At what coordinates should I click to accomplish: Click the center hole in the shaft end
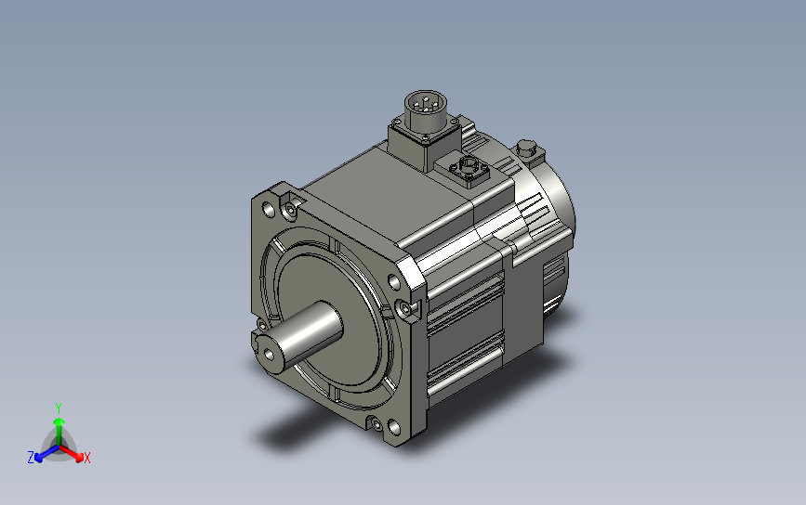click(x=269, y=354)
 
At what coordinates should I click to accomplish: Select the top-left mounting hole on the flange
click(x=269, y=210)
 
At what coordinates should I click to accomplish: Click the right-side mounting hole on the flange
click(x=394, y=282)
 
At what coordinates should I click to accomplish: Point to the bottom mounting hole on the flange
click(x=394, y=427)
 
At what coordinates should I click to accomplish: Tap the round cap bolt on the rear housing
click(x=526, y=149)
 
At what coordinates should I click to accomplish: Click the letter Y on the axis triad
click(x=59, y=408)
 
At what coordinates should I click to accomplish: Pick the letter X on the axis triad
click(x=86, y=458)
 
